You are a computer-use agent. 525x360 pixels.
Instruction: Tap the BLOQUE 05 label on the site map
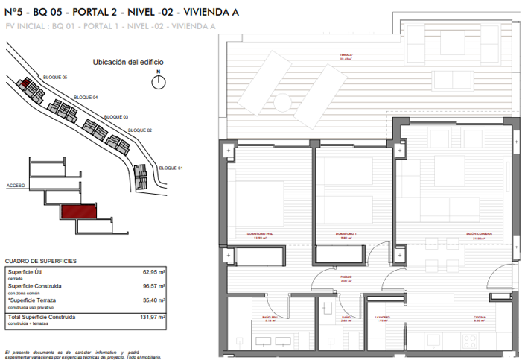[55, 78]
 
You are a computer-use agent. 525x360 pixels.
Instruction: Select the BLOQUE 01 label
[171, 168]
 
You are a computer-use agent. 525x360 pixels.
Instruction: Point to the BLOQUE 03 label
[116, 117]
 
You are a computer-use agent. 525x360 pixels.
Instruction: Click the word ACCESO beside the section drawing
[16, 185]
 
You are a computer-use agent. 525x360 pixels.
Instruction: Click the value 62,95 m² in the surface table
[153, 273]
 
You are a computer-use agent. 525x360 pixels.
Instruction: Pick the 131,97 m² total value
[152, 317]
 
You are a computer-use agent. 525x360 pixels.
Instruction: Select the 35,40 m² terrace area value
[153, 300]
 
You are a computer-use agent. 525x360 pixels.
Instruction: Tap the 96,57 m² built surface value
[153, 286]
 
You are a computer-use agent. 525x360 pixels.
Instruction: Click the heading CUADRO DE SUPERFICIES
[40, 262]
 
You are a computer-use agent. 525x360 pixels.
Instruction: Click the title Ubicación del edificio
[127, 63]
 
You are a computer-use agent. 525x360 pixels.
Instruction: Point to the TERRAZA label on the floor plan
[346, 57]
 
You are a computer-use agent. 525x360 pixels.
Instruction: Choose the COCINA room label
[480, 318]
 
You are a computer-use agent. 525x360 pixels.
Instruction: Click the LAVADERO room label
[382, 318]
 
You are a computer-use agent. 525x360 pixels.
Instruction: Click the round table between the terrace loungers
[282, 100]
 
